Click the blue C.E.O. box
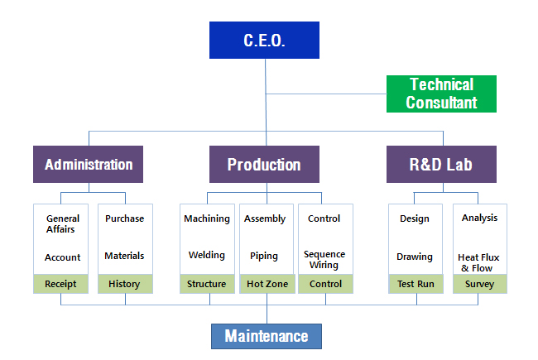tap(264, 41)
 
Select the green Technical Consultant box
tap(441, 94)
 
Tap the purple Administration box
tap(89, 164)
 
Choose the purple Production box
tap(264, 164)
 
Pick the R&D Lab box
tap(441, 164)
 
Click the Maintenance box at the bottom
tap(267, 336)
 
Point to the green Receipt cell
tap(60, 284)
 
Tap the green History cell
tap(125, 284)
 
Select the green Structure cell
tap(207, 284)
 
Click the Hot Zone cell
tap(267, 284)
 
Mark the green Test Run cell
tap(416, 284)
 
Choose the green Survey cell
tap(480, 284)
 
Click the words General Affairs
tap(62, 223)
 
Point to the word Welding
tap(207, 255)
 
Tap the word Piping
tap(264, 256)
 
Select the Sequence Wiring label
tap(324, 259)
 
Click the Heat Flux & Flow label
tap(478, 262)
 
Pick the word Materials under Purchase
tap(124, 256)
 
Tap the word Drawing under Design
tap(415, 257)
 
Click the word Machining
tap(207, 218)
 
